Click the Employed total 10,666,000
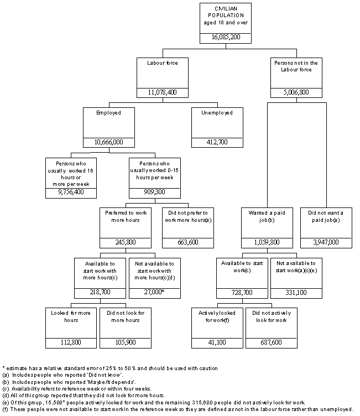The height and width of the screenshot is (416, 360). (x=108, y=142)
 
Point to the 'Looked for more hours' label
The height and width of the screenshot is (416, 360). (x=71, y=316)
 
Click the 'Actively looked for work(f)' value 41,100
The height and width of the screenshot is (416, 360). (x=217, y=342)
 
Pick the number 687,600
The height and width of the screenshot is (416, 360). (x=269, y=342)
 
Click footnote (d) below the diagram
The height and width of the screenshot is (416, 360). (x=84, y=396)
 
